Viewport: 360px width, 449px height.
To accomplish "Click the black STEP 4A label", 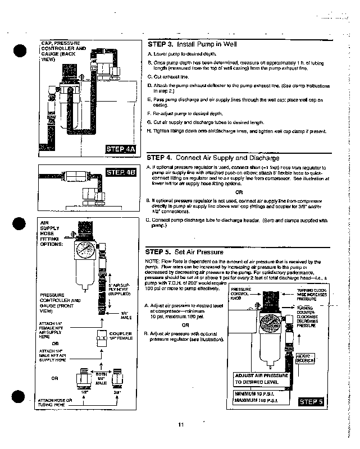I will click(121, 149).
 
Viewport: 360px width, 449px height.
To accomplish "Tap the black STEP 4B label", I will click(121, 172).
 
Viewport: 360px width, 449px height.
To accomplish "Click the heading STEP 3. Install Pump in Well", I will click(192, 44).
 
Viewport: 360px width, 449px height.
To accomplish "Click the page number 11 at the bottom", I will click(180, 424).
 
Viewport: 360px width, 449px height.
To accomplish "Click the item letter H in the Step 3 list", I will click(148, 131).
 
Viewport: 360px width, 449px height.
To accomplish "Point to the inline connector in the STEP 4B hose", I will click(67, 175).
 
